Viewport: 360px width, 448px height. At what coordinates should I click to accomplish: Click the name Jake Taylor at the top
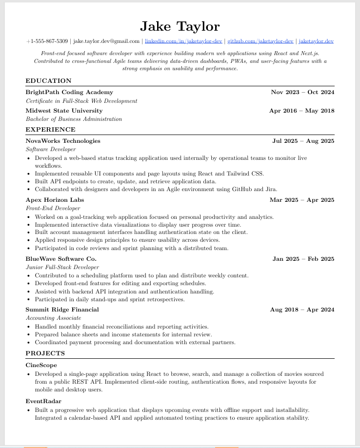point(180,26)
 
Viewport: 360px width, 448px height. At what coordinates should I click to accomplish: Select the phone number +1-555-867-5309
point(47,41)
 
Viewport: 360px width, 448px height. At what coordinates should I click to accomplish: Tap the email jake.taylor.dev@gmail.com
point(106,41)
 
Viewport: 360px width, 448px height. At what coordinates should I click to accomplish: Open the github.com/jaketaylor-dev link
point(260,41)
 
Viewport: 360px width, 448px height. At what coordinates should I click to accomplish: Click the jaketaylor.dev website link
point(316,41)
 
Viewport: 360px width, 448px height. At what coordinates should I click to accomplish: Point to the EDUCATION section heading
point(49,81)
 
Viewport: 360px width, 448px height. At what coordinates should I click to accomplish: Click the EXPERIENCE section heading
point(51,130)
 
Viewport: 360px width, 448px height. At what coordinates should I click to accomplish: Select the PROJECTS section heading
point(45,353)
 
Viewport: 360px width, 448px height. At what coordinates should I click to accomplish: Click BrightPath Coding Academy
point(69,92)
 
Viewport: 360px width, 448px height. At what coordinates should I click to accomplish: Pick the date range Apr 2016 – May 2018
point(301,111)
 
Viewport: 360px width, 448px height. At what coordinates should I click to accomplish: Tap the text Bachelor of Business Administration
point(74,119)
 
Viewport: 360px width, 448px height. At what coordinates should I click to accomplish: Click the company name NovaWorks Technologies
point(63,141)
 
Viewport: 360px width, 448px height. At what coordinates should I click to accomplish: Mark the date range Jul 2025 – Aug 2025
point(303,141)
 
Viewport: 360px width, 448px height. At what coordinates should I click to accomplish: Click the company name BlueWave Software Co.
point(61,259)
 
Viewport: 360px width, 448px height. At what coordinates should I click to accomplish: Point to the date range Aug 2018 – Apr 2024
point(302,310)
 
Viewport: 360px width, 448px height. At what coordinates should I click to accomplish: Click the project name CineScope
point(41,365)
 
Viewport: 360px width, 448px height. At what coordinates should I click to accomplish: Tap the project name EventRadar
point(43,401)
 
